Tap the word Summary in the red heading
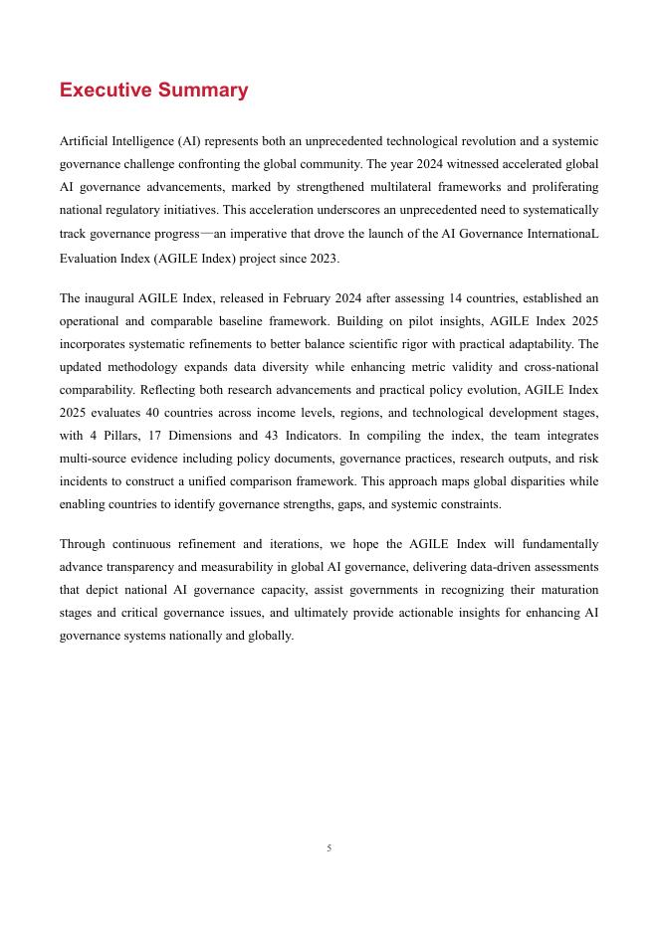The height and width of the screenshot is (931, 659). click(202, 91)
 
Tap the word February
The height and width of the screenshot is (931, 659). click(300, 297)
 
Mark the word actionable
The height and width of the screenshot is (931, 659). click(402, 613)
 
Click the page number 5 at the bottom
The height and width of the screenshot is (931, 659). click(329, 848)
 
